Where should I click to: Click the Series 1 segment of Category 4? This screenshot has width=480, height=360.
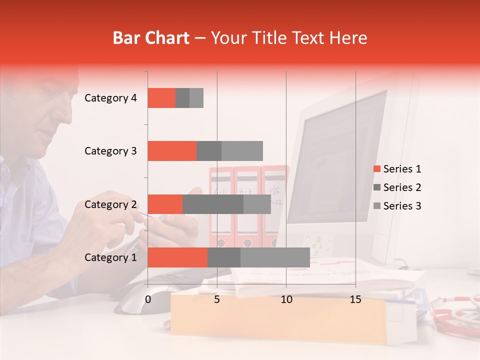(x=161, y=98)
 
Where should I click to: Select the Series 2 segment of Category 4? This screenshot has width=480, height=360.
(x=182, y=98)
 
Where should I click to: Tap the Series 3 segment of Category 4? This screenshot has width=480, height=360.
(x=196, y=98)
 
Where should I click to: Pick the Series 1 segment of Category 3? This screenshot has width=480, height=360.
(x=172, y=151)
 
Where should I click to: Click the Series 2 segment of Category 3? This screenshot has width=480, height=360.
(x=209, y=151)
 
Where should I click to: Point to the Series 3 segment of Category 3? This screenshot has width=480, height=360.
(x=242, y=151)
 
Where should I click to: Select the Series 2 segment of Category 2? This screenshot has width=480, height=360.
(x=213, y=204)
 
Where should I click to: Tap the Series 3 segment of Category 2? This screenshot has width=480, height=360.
(x=257, y=204)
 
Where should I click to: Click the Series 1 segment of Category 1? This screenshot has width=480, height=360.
(x=177, y=257)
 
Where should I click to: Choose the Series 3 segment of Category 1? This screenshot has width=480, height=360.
(x=275, y=257)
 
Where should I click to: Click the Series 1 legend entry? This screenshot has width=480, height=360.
(x=397, y=169)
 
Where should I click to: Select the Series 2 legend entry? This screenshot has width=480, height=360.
(x=397, y=187)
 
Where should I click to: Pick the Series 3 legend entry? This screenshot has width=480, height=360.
(x=397, y=206)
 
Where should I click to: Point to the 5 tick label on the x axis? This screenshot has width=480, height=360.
(x=217, y=299)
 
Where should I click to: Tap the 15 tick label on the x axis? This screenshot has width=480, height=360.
(x=355, y=299)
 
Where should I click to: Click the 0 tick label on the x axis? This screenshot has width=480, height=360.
(x=148, y=299)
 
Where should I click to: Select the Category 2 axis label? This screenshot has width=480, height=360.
(x=110, y=204)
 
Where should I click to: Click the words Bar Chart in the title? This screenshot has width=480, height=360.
(x=151, y=38)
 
